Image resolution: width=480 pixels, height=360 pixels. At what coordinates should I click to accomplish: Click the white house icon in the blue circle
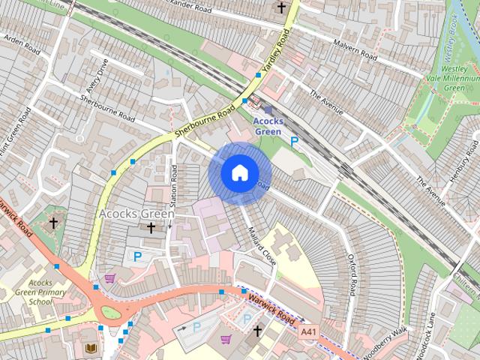click(x=239, y=172)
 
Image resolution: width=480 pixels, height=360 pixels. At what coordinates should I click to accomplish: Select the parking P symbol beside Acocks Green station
click(x=295, y=140)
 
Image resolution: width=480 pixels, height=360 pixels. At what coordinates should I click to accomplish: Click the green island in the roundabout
click(x=111, y=312)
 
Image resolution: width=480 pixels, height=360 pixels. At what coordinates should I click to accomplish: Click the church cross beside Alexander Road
click(x=281, y=8)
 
